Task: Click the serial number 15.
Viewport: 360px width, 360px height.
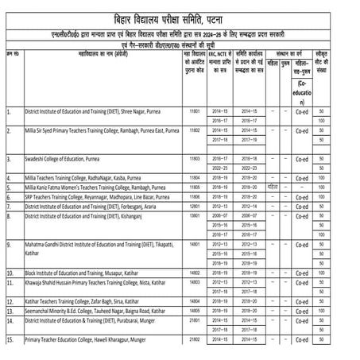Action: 10,340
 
